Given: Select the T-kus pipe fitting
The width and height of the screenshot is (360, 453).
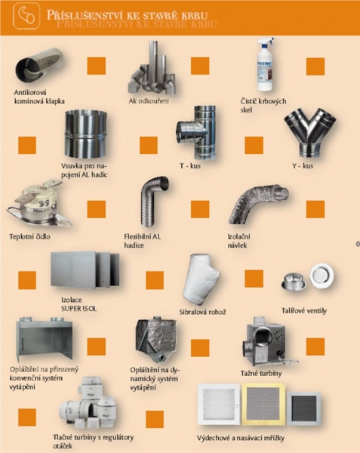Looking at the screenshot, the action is click(195, 133).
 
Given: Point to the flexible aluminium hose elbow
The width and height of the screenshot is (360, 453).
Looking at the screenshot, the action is click(153, 202).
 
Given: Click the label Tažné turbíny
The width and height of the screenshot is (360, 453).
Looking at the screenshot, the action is click(261, 373).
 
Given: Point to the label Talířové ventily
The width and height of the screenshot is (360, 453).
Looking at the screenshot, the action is click(304, 311).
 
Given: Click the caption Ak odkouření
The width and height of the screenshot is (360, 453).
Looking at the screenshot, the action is click(149, 101).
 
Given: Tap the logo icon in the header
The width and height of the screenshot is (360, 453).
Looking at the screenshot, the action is click(26, 16).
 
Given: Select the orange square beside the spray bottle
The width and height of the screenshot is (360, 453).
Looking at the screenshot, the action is click(315, 66).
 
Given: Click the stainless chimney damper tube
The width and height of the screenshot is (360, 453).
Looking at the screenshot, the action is click(40, 66).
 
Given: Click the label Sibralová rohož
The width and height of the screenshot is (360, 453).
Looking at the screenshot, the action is click(202, 313).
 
